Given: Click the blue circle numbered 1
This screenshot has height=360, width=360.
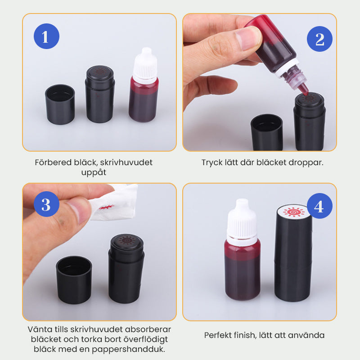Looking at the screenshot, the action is [x=47, y=36].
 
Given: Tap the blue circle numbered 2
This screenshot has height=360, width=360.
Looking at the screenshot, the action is [x=319, y=39].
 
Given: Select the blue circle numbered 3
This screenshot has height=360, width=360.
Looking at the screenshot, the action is [x=47, y=204].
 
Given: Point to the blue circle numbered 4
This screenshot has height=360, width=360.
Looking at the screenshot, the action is [x=319, y=206].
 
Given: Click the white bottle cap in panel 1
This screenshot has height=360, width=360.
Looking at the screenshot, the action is [x=145, y=65].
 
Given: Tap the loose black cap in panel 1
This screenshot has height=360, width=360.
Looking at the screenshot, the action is [x=60, y=104].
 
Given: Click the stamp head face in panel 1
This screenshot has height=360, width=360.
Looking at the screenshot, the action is [x=100, y=72].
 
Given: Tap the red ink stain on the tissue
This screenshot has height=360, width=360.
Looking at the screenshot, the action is [x=106, y=207].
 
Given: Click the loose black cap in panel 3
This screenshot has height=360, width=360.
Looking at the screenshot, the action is [x=74, y=280].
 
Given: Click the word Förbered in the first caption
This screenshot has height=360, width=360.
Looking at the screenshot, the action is [x=53, y=162].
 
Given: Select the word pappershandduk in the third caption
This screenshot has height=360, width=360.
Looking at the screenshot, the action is [x=129, y=350].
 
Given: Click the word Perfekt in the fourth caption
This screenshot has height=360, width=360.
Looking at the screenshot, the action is [x=217, y=335].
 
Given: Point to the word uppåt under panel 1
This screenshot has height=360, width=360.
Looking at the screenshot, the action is [x=94, y=173].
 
